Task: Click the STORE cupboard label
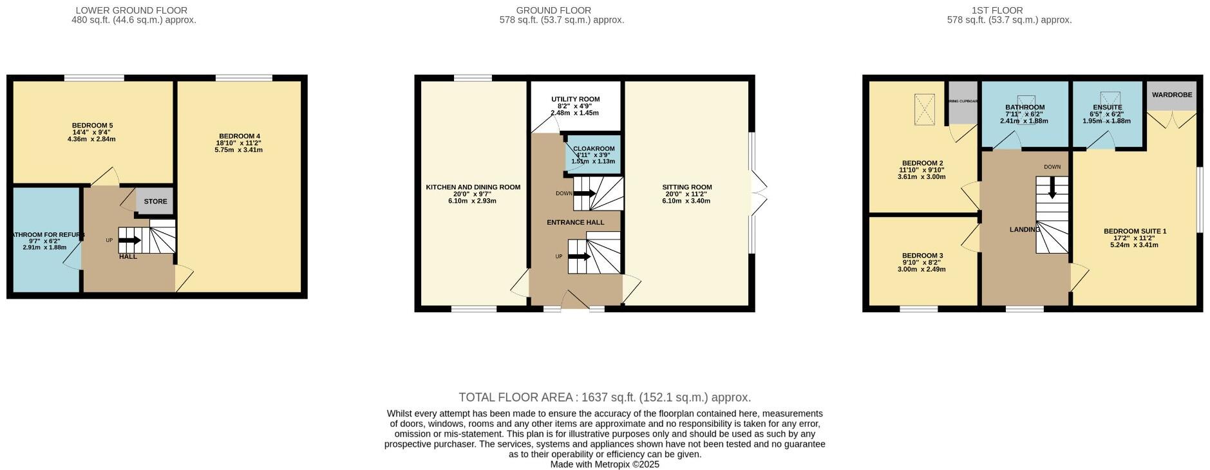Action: point(155,202)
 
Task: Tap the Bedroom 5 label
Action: point(92,126)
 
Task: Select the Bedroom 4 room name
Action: point(238,136)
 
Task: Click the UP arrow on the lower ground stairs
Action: point(129,240)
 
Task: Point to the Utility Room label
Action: point(575,99)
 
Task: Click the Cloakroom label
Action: point(594,149)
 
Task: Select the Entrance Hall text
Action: point(575,223)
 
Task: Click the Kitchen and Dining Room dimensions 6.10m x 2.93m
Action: point(473,201)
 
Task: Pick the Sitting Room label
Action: point(686,187)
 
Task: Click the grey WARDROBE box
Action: point(1171,95)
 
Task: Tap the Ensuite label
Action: point(1107,108)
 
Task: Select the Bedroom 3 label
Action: point(922,256)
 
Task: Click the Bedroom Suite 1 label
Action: point(1134,231)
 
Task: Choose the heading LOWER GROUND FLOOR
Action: point(131,10)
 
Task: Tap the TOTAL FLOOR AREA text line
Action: point(604,397)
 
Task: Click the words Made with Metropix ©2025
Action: point(604,464)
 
